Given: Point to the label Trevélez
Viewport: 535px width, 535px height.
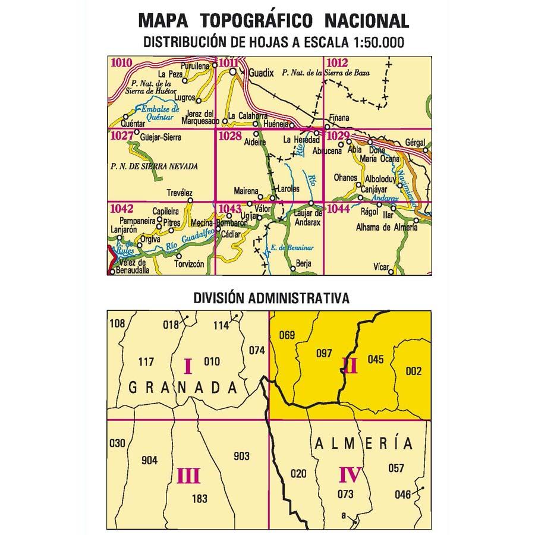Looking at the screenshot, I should pyautogui.click(x=181, y=192).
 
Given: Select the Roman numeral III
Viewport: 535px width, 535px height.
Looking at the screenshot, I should pyautogui.click(x=188, y=476).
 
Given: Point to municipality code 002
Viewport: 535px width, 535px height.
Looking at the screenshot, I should pyautogui.click(x=413, y=372).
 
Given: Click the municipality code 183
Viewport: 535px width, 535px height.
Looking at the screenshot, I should pyautogui.click(x=200, y=499).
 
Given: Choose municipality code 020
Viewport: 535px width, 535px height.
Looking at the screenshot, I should pyautogui.click(x=299, y=473).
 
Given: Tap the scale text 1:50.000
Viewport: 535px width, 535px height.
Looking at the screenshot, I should pyautogui.click(x=373, y=42).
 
